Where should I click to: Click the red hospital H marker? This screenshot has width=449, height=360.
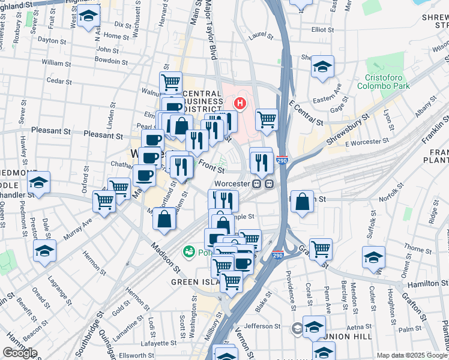pyautogui.click(x=241, y=103)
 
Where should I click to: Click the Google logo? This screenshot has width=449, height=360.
pyautogui.click(x=20, y=353)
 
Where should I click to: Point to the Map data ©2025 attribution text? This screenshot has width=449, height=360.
pyautogui.click(x=412, y=355)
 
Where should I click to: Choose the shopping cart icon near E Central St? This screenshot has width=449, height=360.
pyautogui.click(x=267, y=119)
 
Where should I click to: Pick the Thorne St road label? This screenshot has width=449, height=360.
pyautogui.click(x=414, y=247)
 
